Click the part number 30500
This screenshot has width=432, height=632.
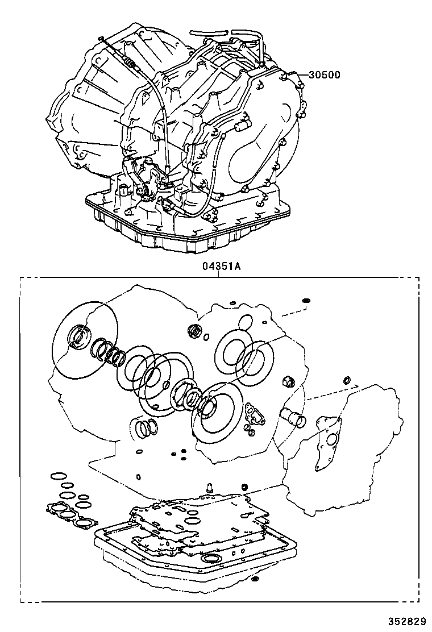click(x=325, y=74)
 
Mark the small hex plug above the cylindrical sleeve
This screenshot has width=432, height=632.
click(x=288, y=380)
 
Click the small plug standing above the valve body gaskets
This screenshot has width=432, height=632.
click(x=209, y=487)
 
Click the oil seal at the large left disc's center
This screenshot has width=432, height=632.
click(x=78, y=336)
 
